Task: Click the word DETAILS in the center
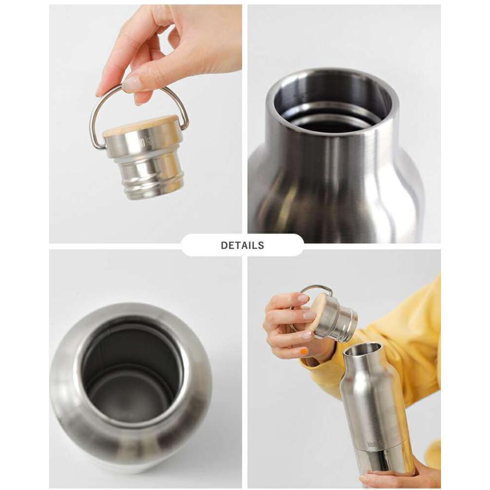(242, 246)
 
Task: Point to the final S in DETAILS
(261, 246)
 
